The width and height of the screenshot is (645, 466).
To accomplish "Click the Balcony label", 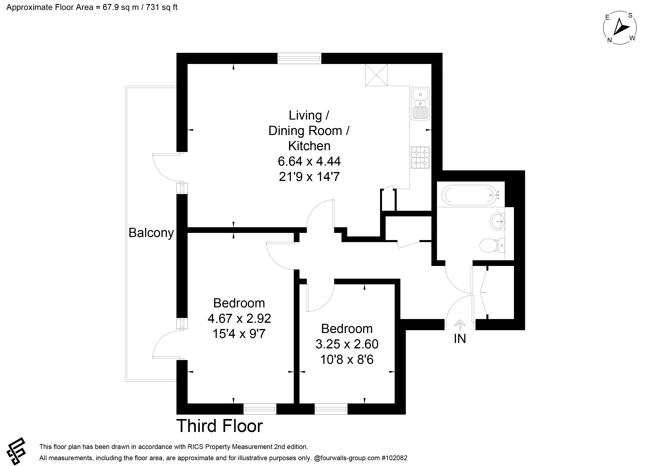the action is (151, 233).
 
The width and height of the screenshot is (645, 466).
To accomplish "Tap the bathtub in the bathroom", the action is (471, 195).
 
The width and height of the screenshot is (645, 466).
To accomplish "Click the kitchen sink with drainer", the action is (420, 104).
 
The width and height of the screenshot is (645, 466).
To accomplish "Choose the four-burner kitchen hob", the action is (420, 157).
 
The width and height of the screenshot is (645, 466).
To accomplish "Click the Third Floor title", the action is (220, 426).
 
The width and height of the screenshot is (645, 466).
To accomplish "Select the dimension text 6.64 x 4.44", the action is (309, 161).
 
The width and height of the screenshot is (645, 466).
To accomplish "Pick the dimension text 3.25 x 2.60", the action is (347, 344).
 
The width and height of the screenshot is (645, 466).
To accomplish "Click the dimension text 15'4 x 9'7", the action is (239, 334).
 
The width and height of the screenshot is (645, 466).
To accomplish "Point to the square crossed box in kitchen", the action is (376, 75).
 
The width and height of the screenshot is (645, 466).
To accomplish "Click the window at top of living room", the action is (300, 58).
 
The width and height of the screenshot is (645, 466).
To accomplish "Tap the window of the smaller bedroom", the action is (331, 409).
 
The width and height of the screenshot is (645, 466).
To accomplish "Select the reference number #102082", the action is (394, 458).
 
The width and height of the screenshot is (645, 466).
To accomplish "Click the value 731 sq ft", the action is (161, 7).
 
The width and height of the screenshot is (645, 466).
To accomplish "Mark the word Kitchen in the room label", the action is (310, 146).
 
